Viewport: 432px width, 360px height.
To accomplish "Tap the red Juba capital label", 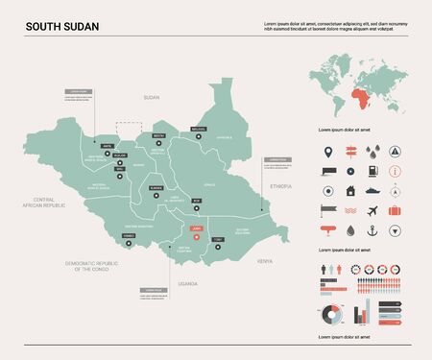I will click(197, 228).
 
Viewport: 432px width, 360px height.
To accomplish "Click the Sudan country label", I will click(150, 98).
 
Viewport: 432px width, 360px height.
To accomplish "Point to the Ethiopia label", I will click(280, 183).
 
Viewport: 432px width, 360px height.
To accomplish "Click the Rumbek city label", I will click(156, 186).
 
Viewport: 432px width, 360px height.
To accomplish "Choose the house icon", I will click(350, 189).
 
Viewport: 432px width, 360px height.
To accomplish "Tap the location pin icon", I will click(328, 151).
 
